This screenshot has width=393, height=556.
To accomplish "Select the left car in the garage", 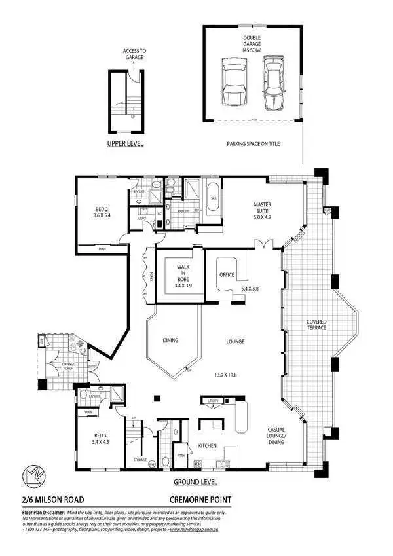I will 233,83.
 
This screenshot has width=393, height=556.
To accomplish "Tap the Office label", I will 226,275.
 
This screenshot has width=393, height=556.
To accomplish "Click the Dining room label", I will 171,340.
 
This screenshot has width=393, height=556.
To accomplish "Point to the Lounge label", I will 234,341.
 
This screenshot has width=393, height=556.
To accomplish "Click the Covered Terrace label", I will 316,325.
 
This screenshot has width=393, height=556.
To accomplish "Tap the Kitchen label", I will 207,446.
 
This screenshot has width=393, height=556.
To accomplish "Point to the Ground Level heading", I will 195,482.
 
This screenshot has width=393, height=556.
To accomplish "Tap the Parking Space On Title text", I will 252,143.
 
